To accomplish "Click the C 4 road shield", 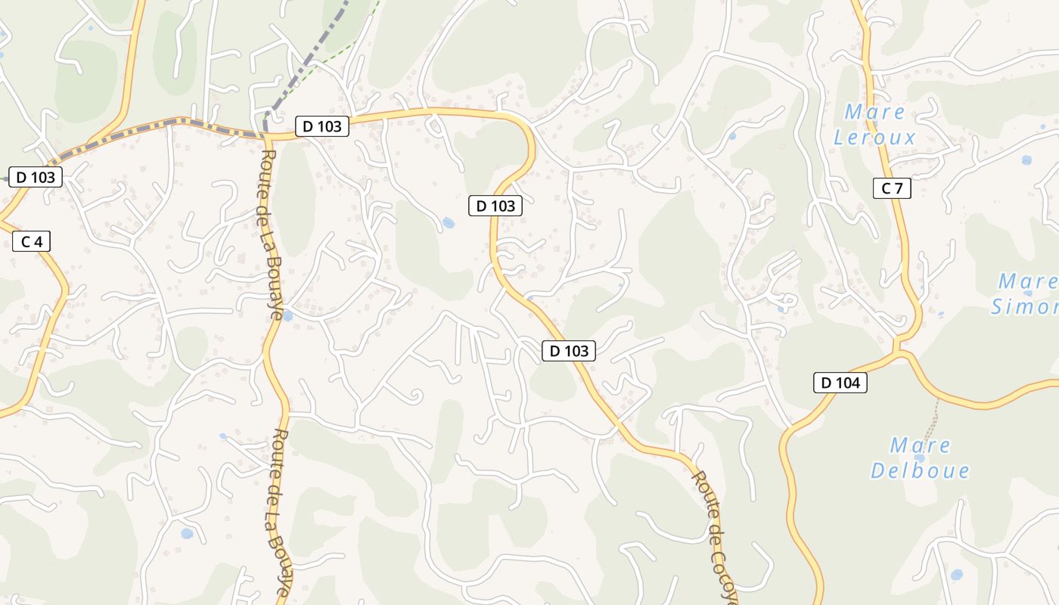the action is click(x=32, y=242).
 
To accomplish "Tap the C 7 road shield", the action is click(x=892, y=188).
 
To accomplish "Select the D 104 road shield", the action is click(x=840, y=383).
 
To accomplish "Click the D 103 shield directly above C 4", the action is click(x=36, y=178).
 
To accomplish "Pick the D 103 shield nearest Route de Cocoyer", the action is click(x=569, y=351).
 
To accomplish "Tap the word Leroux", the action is click(x=874, y=138).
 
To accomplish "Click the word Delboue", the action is click(x=920, y=470).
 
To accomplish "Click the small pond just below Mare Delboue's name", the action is click(x=919, y=458).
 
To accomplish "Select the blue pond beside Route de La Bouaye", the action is click(x=287, y=316).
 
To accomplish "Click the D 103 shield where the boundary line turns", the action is click(x=322, y=126).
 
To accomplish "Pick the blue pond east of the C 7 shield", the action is click(x=1026, y=160).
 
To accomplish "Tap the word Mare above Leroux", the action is click(x=874, y=113).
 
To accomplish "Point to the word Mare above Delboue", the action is click(x=920, y=445).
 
